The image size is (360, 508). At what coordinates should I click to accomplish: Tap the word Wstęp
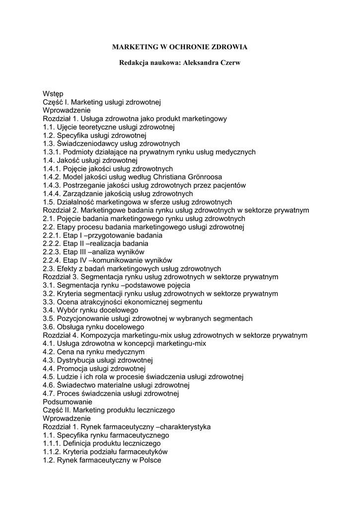(x=53, y=94)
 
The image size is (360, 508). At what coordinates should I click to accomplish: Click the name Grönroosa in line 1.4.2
(x=202, y=177)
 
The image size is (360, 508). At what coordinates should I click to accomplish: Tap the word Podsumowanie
(x=68, y=402)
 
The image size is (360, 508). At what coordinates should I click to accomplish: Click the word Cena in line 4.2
(x=65, y=352)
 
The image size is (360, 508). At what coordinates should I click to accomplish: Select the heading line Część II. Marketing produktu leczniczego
(x=109, y=410)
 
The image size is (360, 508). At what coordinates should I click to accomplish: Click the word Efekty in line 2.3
(x=67, y=268)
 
